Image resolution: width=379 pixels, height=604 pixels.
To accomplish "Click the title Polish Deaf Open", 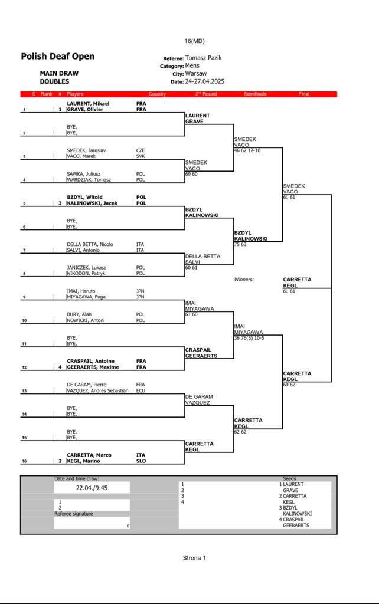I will point(57,57).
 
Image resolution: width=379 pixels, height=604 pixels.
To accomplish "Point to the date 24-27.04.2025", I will point(205,81).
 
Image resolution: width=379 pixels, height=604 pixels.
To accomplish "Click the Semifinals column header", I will point(255,94).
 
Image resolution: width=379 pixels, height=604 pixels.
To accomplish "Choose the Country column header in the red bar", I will point(157,94).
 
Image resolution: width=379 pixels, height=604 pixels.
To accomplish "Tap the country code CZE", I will point(141,150).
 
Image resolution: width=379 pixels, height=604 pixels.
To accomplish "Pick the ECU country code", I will point(141,390).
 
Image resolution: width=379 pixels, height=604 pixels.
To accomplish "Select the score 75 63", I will point(241,244).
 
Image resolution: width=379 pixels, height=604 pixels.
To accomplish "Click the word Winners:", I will point(244,280).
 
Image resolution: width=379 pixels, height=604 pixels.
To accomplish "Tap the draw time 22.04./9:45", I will point(92,488).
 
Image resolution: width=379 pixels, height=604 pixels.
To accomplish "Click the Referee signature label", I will point(74,514).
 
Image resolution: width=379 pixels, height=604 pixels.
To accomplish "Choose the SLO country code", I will point(141,461).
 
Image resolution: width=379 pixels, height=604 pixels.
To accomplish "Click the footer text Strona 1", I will point(194,557).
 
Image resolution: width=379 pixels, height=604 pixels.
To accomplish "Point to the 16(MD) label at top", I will point(194,41).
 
